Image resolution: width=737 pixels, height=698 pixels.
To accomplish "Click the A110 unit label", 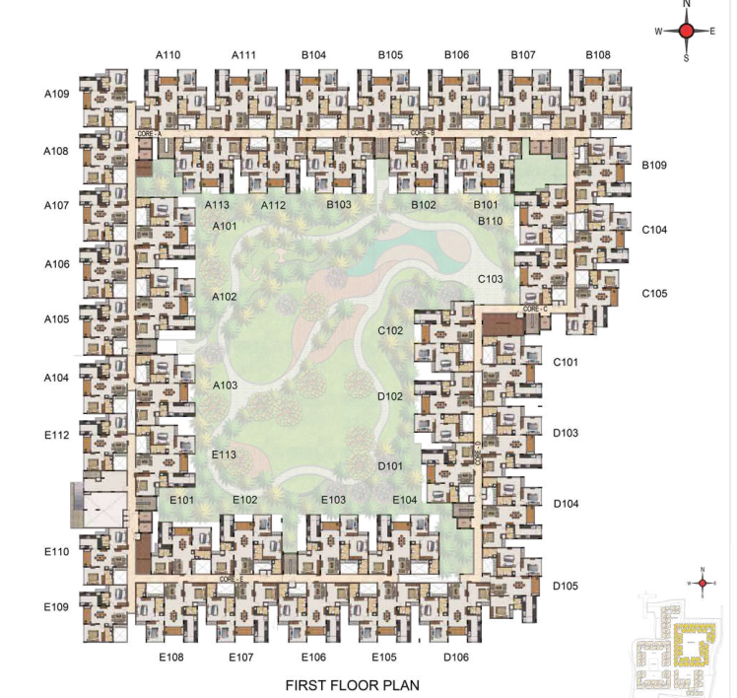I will tap(167, 55).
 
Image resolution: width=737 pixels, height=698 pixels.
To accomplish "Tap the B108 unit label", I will tap(597, 55).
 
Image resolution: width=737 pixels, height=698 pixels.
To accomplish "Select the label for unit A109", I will tap(56, 95).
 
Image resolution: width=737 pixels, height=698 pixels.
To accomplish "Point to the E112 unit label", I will tap(56, 435).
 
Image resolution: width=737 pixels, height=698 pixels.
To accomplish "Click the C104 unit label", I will tap(654, 230).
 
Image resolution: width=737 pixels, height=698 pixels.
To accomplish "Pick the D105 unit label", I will tap(566, 587).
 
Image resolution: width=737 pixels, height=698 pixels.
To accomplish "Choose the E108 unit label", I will tap(171, 657).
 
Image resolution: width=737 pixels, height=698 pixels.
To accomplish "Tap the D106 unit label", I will tap(456, 657).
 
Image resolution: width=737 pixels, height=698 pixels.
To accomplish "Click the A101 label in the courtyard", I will tap(225, 227).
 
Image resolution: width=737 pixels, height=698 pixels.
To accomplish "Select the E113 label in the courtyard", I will tap(224, 454).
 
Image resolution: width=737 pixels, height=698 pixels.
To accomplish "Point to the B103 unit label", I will tap(339, 205).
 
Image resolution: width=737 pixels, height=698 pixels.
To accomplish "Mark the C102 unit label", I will tap(390, 330).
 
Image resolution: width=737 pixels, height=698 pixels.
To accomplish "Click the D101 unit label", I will tap(390, 465).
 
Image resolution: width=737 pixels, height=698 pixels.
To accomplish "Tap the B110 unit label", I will tap(490, 221).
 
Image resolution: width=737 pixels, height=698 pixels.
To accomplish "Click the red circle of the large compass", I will tap(686, 32).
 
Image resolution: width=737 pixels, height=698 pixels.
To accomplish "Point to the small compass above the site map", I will tap(702, 583).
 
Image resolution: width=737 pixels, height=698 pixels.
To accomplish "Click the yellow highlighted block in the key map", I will tap(696, 647).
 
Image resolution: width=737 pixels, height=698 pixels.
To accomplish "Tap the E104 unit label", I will tap(405, 501).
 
